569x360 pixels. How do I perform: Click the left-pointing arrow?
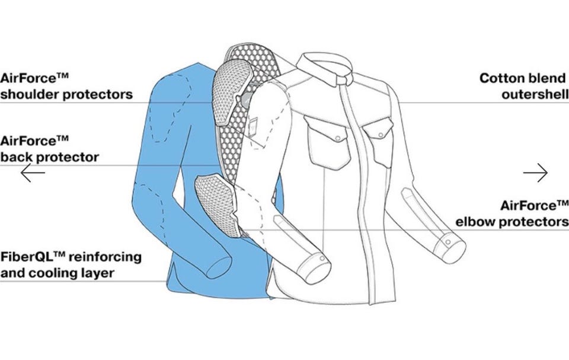click(x=33, y=173)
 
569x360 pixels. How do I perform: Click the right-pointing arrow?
click(x=536, y=173)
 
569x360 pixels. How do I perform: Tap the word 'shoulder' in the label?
click(x=30, y=94)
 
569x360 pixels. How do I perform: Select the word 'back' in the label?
click(x=17, y=157)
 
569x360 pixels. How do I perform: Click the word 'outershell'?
click(x=535, y=94)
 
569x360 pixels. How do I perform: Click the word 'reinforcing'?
click(x=105, y=256)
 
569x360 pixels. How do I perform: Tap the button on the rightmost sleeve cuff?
click(x=448, y=242)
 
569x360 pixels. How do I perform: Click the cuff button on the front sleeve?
click(x=321, y=258)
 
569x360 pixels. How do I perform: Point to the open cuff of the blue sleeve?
click(x=219, y=267)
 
